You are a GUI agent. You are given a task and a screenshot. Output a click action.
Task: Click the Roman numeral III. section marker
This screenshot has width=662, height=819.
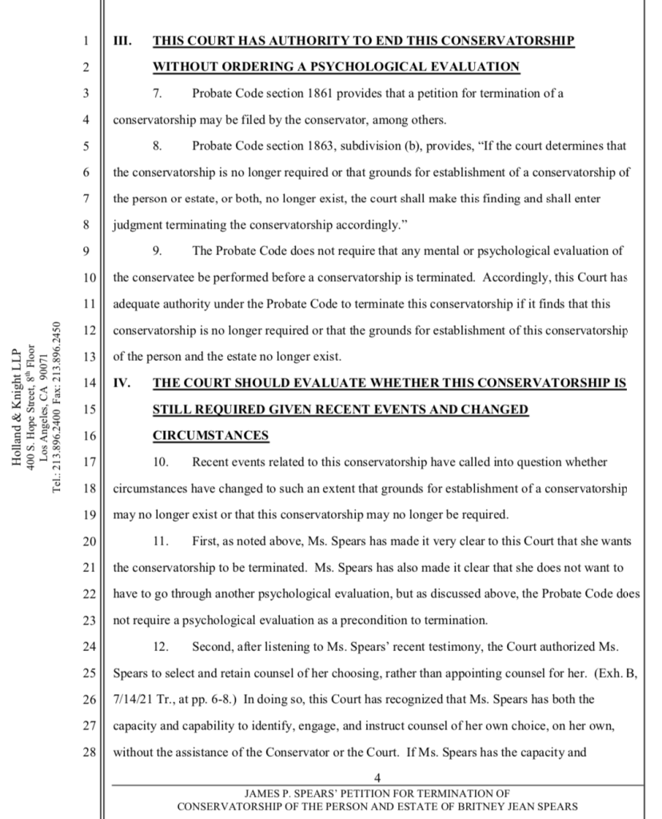click(122, 41)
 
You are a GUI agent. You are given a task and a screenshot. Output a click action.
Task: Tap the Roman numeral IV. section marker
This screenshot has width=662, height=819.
click(122, 383)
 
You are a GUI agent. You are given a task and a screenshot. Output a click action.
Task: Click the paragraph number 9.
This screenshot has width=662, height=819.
click(158, 251)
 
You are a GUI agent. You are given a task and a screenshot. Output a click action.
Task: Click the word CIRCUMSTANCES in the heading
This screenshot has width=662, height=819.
click(210, 436)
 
